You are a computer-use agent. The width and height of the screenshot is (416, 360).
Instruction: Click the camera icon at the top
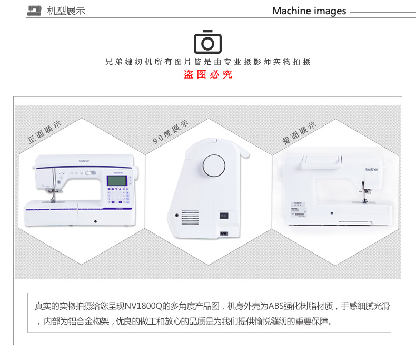click(x=207, y=41)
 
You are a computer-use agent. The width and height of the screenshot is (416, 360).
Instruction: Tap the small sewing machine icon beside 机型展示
click(x=34, y=11)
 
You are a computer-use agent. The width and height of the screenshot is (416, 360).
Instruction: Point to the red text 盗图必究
click(x=207, y=75)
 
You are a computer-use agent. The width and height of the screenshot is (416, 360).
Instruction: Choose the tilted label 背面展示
click(x=299, y=133)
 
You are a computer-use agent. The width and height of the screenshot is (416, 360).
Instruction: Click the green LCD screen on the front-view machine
click(x=115, y=180)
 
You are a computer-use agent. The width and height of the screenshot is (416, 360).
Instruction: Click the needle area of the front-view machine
click(x=53, y=196)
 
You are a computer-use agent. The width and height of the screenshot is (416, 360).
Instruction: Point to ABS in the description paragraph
click(x=276, y=306)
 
